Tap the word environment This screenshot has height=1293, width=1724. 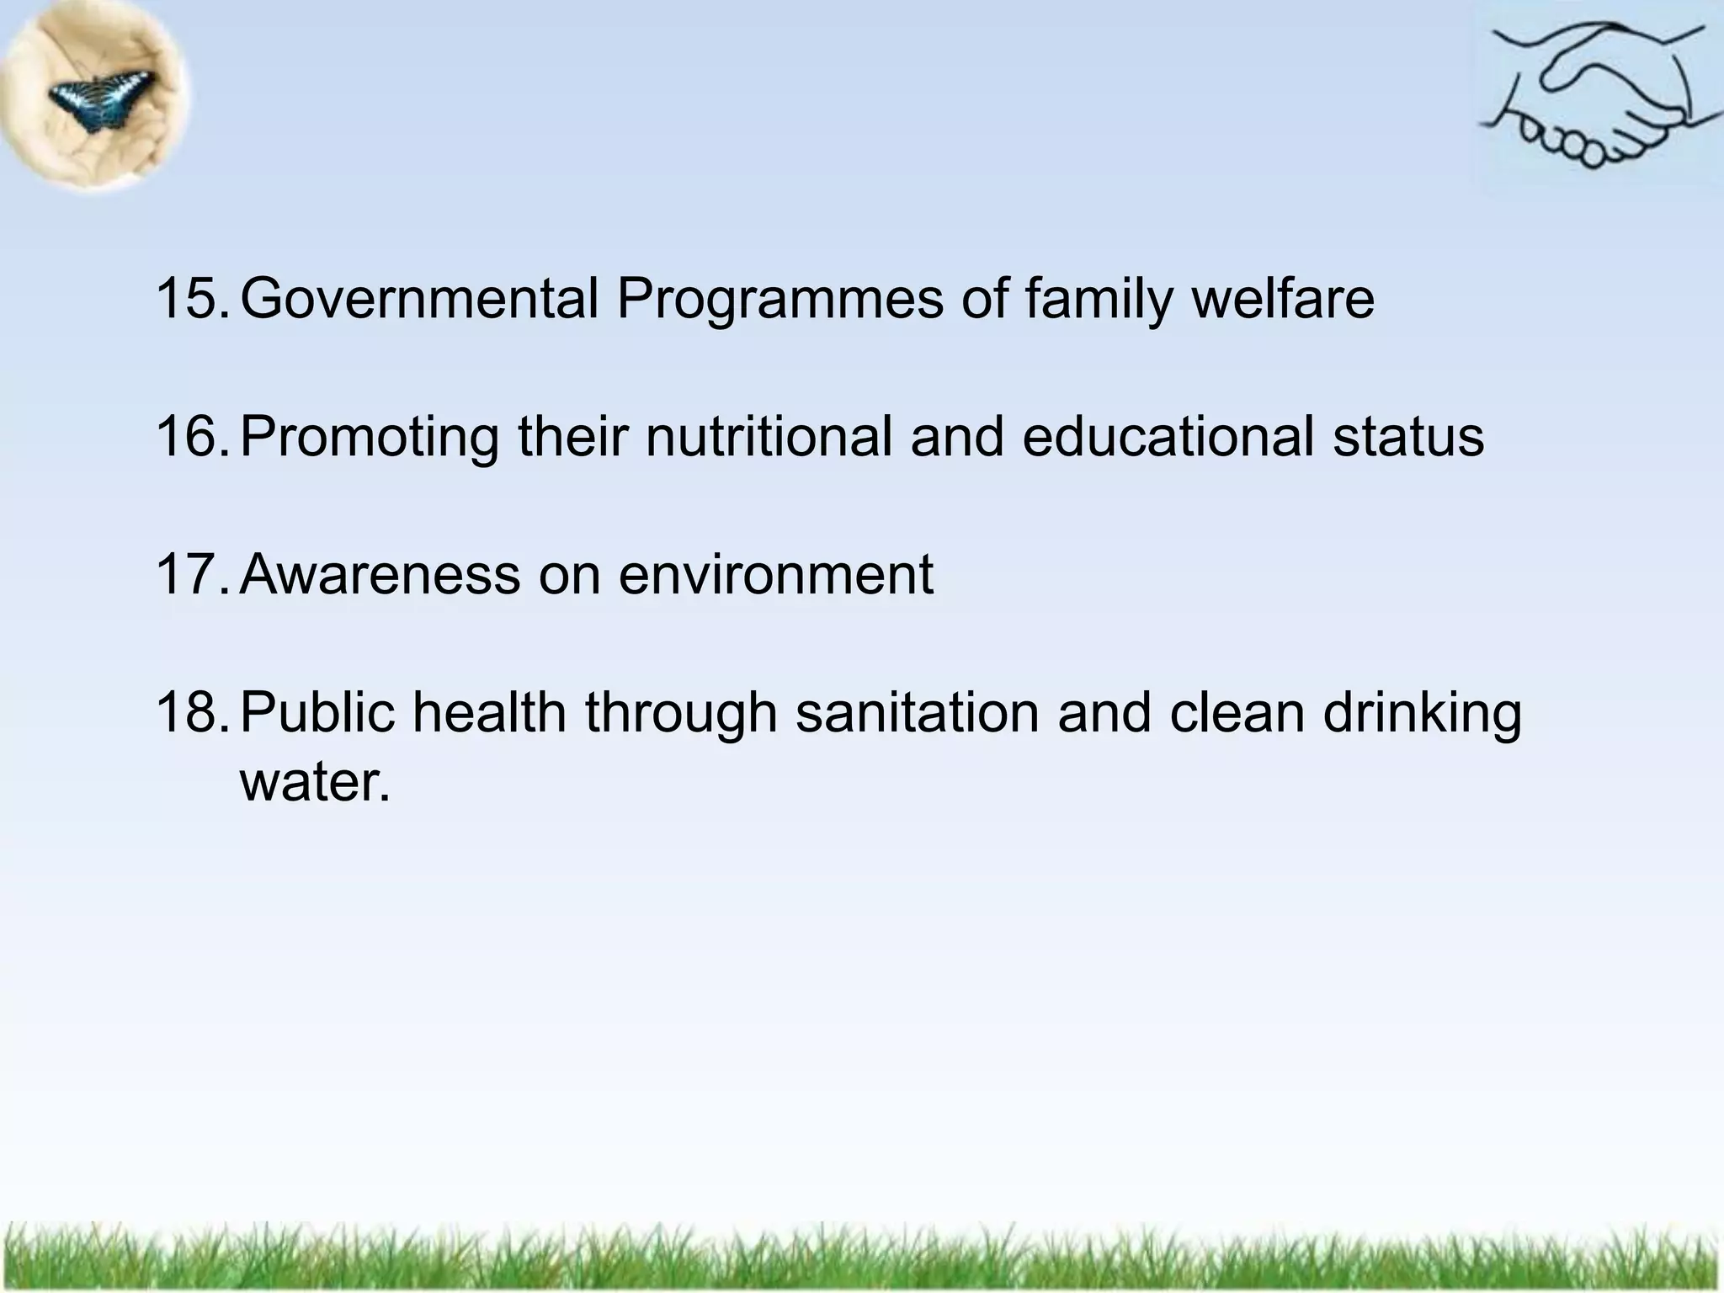tap(775, 576)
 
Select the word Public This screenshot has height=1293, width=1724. tap(317, 712)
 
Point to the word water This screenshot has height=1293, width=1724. tap(315, 783)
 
